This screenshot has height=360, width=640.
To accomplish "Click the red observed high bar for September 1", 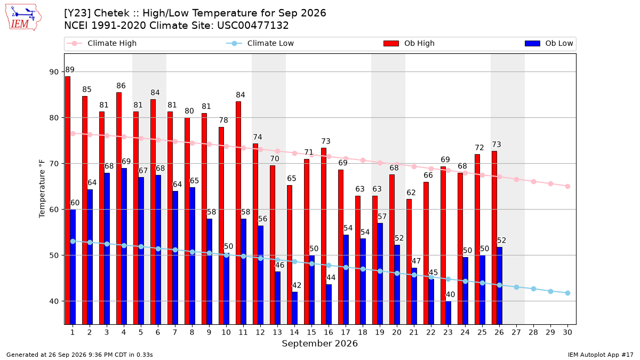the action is coord(68,201).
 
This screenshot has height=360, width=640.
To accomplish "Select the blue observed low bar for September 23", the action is coord(449,313).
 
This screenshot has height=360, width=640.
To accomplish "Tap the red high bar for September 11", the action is coord(238,213).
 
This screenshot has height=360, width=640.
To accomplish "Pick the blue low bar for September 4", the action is coord(124,246).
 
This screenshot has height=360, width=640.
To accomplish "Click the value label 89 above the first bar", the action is coord(70,70).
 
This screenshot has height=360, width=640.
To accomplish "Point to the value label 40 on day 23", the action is coord(450,294).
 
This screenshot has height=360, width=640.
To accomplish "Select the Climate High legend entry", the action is coord(102,43).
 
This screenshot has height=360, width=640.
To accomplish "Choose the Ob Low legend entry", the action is coord(549,43).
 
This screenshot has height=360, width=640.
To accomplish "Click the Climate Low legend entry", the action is coord(260,43).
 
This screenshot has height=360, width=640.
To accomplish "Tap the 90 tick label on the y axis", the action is coord(54,72).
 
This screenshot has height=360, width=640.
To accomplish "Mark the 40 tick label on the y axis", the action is coord(54,301).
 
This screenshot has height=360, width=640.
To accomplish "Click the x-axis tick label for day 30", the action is coord(567,332).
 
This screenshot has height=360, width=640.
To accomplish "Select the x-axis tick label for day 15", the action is coord(311,332).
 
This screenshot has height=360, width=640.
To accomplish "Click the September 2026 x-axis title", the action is coord(319,343).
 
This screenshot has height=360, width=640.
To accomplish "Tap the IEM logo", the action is coord(23,18).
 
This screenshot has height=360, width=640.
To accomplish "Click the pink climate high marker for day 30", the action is coord(567,186).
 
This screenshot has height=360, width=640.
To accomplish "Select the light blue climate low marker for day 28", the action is coord(533,289).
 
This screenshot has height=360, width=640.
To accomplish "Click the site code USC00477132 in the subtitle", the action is coord(253,26).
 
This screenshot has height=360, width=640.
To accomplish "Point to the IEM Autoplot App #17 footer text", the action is coord(601,355).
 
